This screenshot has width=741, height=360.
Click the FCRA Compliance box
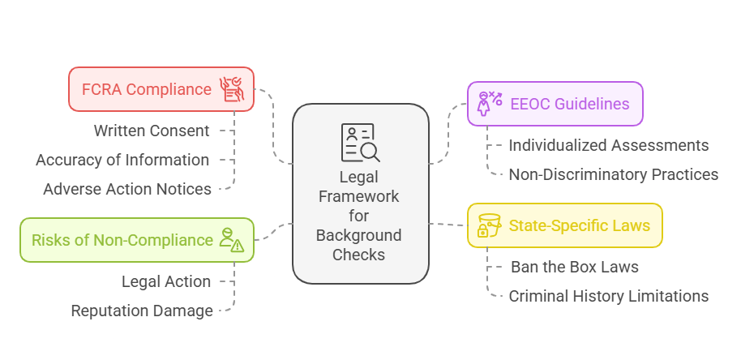click(x=161, y=89)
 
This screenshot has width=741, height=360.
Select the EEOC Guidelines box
click(x=555, y=103)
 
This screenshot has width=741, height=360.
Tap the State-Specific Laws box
click(x=564, y=225)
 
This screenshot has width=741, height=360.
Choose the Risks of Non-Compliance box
click(x=136, y=240)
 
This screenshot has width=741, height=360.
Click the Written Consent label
click(x=151, y=131)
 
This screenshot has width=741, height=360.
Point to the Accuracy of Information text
click(x=122, y=160)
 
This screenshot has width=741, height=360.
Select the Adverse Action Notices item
click(x=127, y=189)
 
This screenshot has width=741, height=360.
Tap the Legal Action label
click(x=166, y=281)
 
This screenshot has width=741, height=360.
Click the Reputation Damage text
click(x=142, y=311)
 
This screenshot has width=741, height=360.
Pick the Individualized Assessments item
click(x=608, y=146)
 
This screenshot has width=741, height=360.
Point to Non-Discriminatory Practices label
click(x=613, y=174)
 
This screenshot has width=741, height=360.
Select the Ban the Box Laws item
click(x=574, y=267)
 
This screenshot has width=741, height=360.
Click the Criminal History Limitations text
click(x=608, y=296)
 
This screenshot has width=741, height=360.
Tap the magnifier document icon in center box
click(x=360, y=143)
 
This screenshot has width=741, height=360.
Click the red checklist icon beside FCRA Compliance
click(x=233, y=89)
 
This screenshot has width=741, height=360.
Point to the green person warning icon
click(x=232, y=239)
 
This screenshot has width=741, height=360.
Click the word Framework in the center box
click(x=360, y=197)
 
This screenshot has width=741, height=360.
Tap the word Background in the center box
click(x=360, y=236)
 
